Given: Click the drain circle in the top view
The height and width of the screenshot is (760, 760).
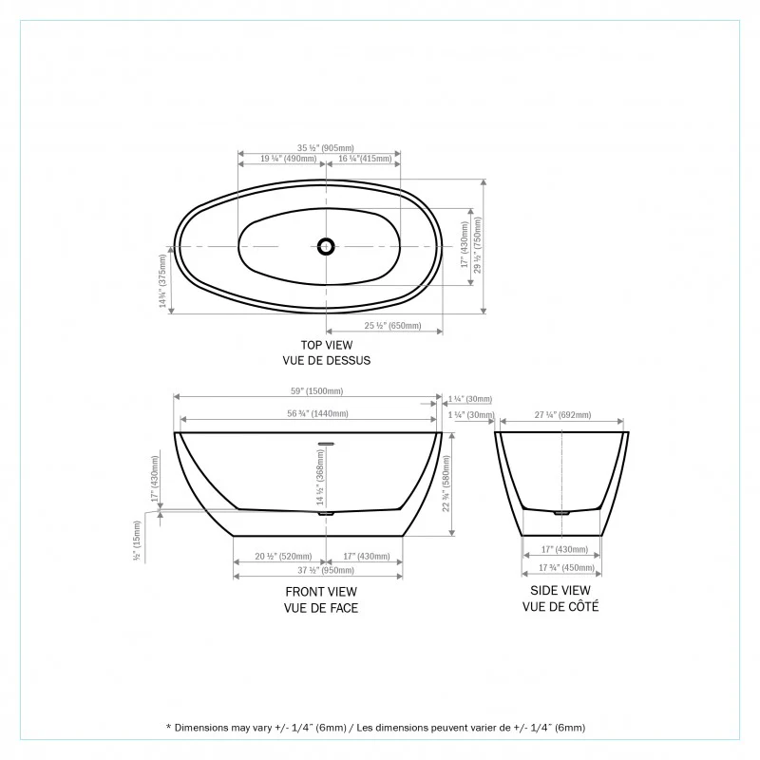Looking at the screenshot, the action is point(326,246).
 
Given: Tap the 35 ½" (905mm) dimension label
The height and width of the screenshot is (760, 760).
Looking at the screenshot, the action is point(326,148).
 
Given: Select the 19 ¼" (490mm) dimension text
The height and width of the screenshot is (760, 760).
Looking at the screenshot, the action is point(289,159).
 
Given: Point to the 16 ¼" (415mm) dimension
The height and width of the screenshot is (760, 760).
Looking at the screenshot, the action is point(365,159).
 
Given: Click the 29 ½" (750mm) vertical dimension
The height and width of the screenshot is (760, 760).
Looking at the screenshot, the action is point(478,245).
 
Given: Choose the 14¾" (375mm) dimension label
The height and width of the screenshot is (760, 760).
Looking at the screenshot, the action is point(162,281).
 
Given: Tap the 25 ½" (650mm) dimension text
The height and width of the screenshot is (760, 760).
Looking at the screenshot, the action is point(392,326).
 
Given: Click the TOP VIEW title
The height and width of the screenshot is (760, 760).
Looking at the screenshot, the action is point(327,345).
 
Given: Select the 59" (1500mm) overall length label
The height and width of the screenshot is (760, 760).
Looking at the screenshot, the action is point(317,391).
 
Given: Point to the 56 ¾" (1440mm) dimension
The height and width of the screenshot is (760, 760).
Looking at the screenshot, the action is point(317,413).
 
